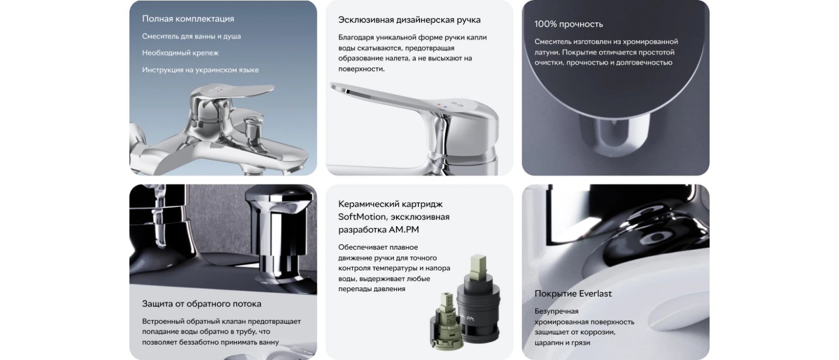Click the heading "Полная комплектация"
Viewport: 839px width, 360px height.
click(x=188, y=19)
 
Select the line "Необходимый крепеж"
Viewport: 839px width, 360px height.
click(x=180, y=53)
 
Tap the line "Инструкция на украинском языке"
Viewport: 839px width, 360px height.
click(x=200, y=70)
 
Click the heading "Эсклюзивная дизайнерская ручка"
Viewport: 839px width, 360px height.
click(x=409, y=20)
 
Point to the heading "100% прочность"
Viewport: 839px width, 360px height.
click(x=569, y=25)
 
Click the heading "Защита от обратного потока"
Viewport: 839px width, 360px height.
click(x=202, y=304)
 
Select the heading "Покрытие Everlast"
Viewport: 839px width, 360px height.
click(x=573, y=294)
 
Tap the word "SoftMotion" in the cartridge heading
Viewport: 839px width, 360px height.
click(x=362, y=217)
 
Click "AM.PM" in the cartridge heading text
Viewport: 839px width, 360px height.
click(x=404, y=229)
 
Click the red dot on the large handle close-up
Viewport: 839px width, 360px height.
click(x=439, y=104)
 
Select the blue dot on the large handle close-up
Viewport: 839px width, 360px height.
click(x=445, y=107)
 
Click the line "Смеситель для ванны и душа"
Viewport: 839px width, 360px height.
click(x=191, y=37)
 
